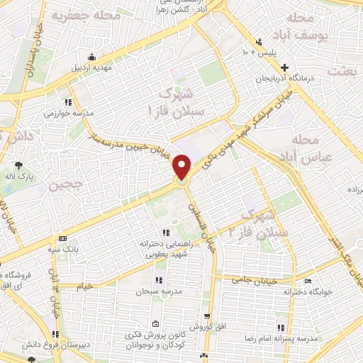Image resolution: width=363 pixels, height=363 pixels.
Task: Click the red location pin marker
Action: pyautogui.click(x=182, y=167)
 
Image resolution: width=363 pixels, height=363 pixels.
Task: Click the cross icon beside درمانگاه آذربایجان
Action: pyautogui.click(x=284, y=67)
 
